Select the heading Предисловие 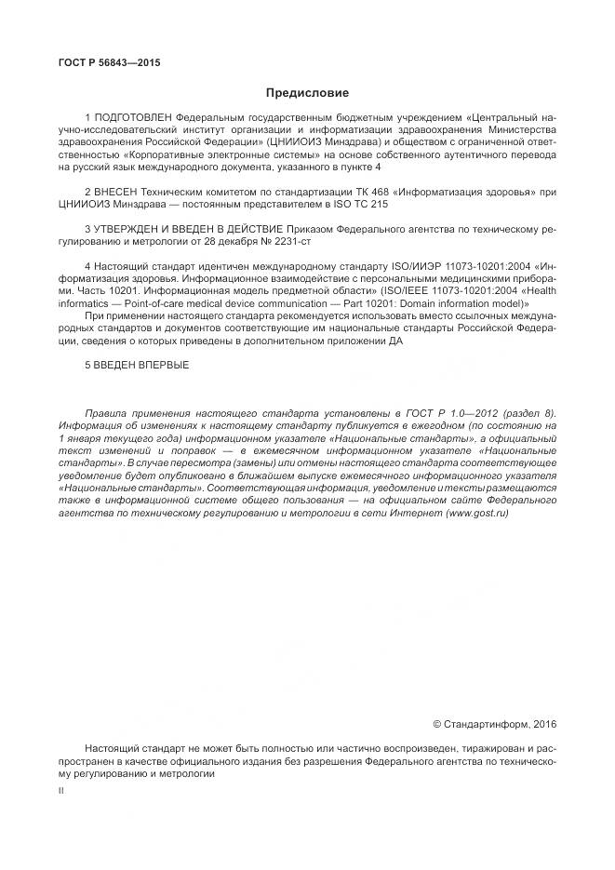click(x=307, y=93)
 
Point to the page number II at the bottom click(x=61, y=788)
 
